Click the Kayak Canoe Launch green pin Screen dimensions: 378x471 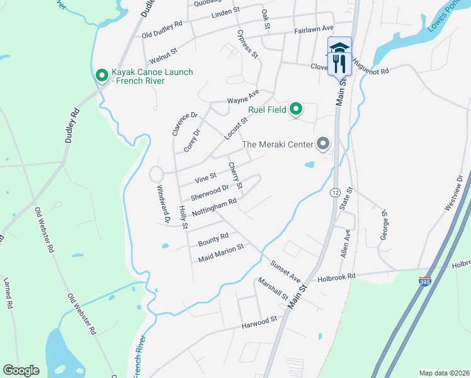(x=101, y=76)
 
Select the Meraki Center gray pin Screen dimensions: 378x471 (x=323, y=144)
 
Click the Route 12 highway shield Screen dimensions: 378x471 (x=334, y=192)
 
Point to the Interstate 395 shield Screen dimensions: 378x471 (x=426, y=282)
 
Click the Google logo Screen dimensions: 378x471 (x=21, y=370)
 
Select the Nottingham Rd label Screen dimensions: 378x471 (x=213, y=208)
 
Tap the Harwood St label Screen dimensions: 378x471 (x=259, y=323)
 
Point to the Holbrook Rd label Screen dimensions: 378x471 (x=337, y=277)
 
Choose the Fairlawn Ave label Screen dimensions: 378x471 (x=314, y=30)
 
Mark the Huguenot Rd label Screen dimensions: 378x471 (x=372, y=66)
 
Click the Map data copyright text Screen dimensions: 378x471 (x=445, y=373)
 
